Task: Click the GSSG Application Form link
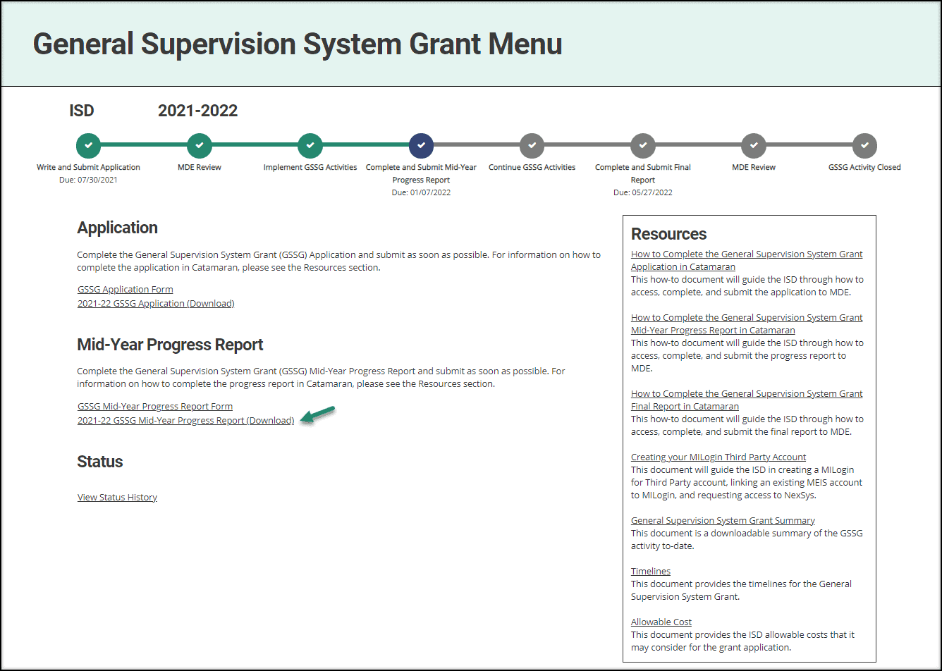click(125, 289)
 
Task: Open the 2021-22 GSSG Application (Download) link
click(156, 303)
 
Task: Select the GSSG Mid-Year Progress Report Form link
click(154, 406)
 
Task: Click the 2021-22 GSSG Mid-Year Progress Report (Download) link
click(185, 420)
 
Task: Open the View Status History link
click(117, 497)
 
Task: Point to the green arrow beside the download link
click(318, 415)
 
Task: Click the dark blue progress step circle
click(421, 145)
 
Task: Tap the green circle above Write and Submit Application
click(88, 145)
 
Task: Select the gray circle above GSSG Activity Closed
click(864, 145)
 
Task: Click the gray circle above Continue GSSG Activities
click(532, 145)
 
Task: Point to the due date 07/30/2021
click(88, 180)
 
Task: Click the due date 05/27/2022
click(642, 192)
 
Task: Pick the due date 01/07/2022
click(421, 192)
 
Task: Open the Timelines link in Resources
click(651, 571)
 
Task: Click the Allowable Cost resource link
click(661, 622)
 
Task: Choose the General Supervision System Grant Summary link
click(723, 520)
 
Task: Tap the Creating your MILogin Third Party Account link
click(718, 457)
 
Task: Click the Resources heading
click(668, 234)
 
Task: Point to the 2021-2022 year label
click(197, 111)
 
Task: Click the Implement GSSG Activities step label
click(310, 167)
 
